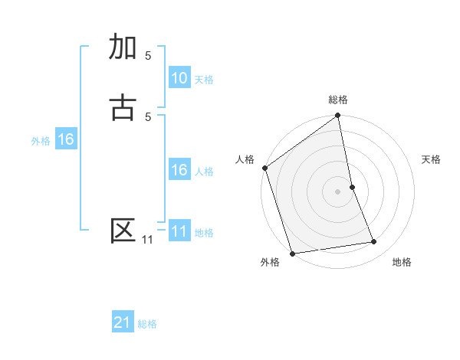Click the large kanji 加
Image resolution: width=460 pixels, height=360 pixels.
tap(123, 47)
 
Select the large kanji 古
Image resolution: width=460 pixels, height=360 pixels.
tap(123, 108)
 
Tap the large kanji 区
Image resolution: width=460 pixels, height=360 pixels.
tap(123, 231)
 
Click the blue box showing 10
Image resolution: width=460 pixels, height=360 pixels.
tap(179, 78)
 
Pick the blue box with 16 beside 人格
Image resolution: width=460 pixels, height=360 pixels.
tap(179, 170)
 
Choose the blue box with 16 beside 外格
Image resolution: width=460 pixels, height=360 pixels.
tap(66, 139)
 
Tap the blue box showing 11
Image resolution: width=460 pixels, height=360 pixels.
tap(179, 231)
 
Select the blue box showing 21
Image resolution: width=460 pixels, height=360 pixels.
tap(123, 323)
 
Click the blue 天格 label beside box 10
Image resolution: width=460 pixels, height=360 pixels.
tap(204, 79)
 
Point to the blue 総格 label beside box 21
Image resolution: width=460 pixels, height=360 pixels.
tap(147, 324)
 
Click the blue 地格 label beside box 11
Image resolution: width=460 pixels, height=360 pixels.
tap(204, 232)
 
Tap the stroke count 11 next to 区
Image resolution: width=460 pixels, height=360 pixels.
tap(147, 240)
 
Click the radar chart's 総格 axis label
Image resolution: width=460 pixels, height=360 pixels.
tap(338, 100)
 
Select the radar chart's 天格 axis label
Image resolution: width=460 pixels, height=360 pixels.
tap(432, 159)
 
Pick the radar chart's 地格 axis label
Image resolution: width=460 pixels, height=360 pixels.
tap(402, 262)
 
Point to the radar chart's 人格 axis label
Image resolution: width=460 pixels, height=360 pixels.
tap(245, 159)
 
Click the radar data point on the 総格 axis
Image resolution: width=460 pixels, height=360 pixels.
tap(338, 116)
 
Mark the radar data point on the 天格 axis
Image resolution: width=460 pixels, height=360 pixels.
tap(352, 187)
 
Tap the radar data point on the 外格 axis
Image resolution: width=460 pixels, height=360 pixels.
tap(291, 253)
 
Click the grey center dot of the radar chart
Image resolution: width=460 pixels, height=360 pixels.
tap(338, 191)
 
